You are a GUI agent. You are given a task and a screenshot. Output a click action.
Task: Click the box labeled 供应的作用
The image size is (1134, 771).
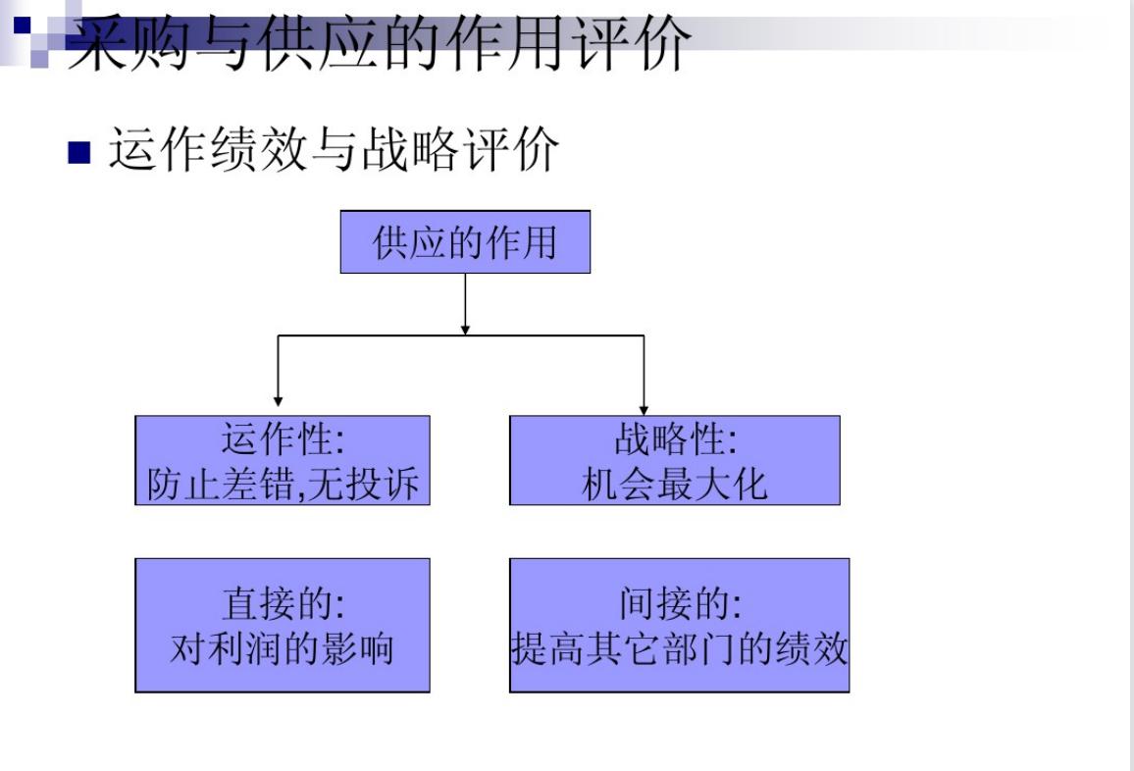coord(465,241)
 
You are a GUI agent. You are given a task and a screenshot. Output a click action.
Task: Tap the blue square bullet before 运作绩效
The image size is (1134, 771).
coord(78,153)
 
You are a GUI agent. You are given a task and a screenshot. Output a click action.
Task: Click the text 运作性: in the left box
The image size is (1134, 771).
coord(282,439)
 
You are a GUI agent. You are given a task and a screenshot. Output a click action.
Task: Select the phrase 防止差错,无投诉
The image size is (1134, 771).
coord(283,484)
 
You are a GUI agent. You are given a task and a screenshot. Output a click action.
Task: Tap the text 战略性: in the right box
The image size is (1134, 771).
coord(675,439)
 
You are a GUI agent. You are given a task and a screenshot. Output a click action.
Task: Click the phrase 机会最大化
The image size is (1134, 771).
coord(675,484)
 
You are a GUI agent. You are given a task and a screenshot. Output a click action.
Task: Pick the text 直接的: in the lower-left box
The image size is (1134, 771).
coord(282,604)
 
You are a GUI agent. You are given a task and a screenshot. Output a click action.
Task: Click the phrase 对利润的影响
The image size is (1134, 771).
coord(282,648)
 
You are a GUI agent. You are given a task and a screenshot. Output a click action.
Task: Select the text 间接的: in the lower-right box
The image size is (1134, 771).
coord(679,604)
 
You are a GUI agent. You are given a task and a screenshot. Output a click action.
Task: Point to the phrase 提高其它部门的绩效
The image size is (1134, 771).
coord(679,648)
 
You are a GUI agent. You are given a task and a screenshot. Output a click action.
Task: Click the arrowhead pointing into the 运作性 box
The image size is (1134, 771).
coord(279,400)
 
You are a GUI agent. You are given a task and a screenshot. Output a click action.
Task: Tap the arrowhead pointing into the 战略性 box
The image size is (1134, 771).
coord(644,407)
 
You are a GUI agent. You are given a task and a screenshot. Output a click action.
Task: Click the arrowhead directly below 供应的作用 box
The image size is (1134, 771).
coord(465,329)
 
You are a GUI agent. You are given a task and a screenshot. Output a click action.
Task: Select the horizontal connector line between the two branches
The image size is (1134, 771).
coord(373,335)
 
